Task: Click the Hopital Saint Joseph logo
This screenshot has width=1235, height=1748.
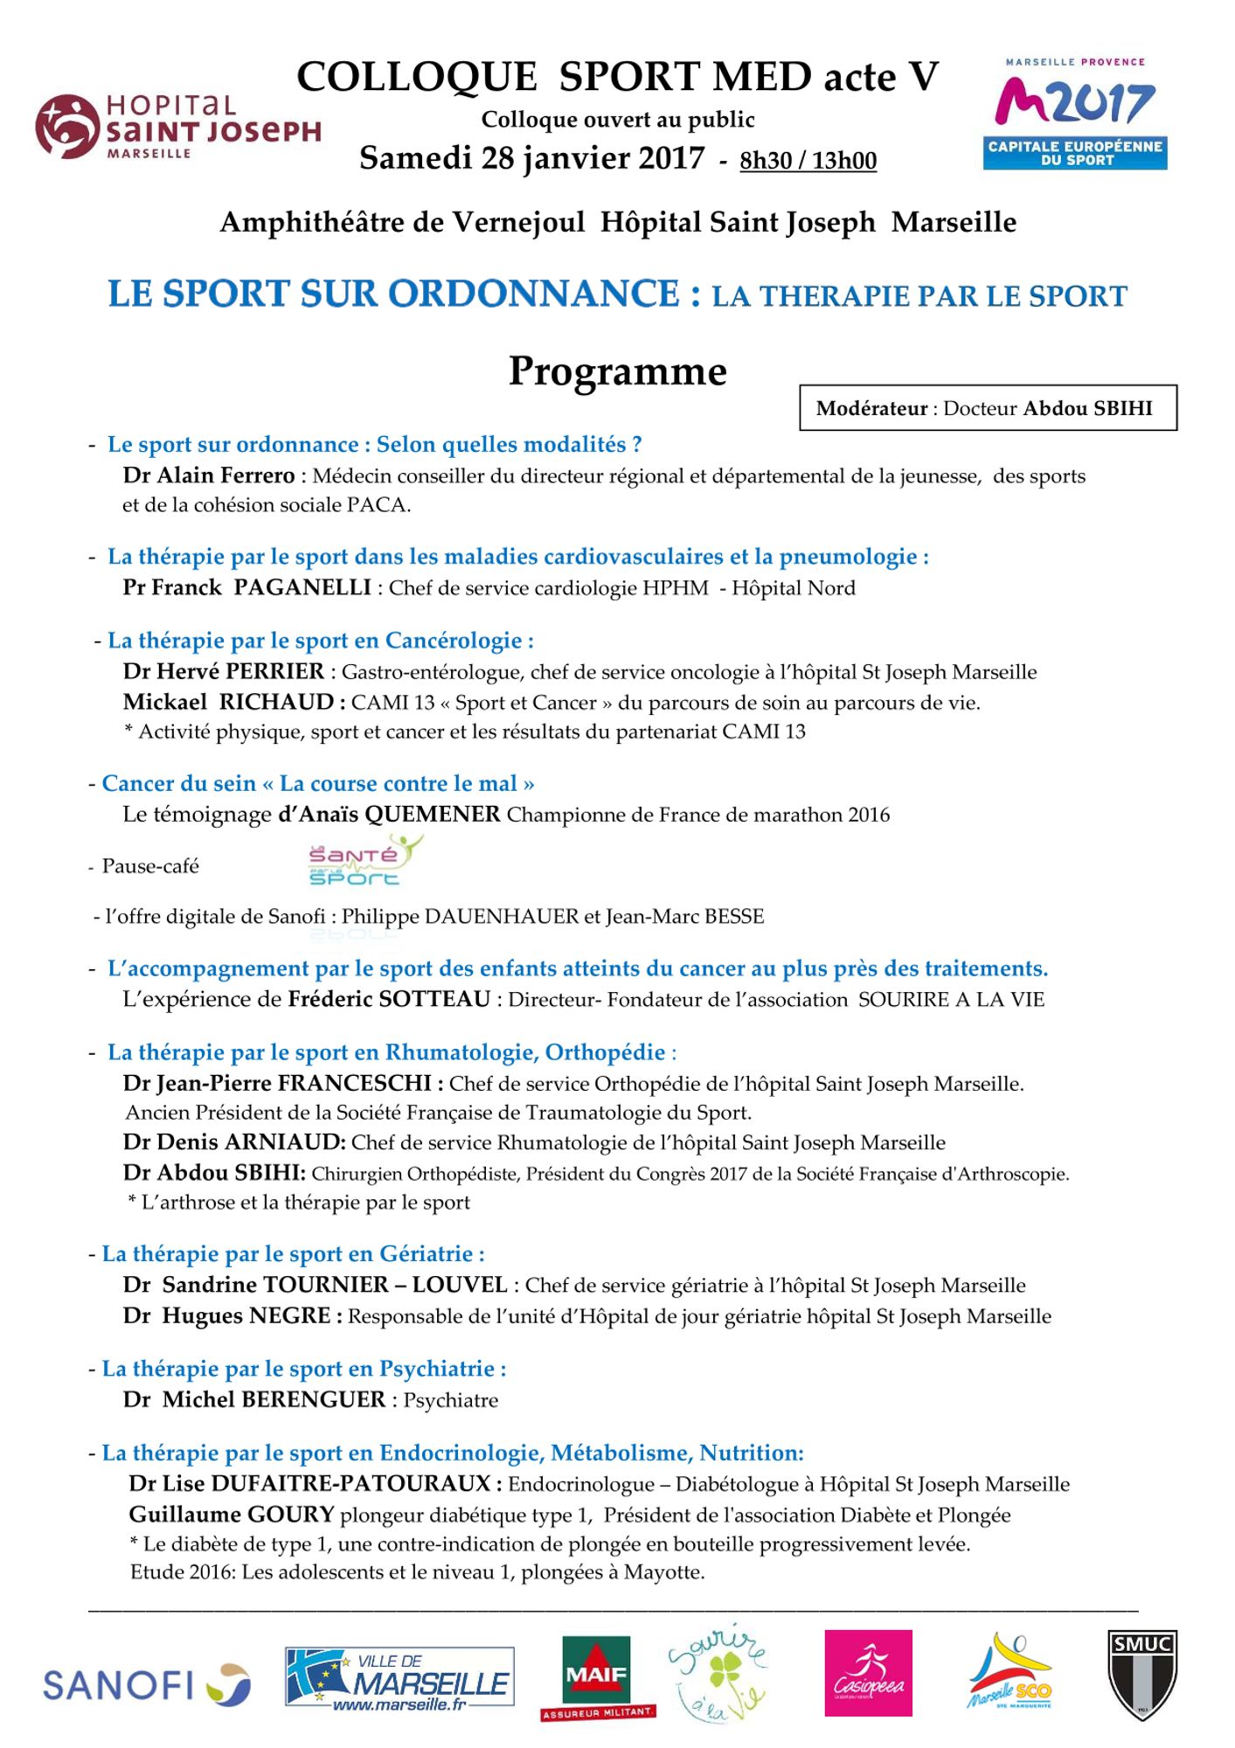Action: point(177,126)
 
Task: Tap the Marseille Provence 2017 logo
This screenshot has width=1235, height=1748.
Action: point(1074,113)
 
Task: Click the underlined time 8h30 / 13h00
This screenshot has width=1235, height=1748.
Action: point(808,161)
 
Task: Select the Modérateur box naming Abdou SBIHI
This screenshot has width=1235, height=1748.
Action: point(988,408)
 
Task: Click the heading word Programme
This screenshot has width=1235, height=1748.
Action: point(617,371)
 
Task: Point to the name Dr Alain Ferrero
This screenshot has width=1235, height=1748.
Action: point(209,476)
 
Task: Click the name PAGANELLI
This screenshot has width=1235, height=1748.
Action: point(302,587)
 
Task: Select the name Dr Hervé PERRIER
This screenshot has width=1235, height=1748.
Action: point(224,671)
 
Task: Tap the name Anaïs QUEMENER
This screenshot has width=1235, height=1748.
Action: point(389,815)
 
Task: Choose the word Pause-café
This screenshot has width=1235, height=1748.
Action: point(150,866)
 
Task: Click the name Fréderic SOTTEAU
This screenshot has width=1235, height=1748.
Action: point(389,999)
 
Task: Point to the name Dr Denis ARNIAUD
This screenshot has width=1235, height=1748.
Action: point(234,1142)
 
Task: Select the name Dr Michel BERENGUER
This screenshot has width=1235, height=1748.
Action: point(254,1399)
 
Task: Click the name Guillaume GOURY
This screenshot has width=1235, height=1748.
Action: point(232,1515)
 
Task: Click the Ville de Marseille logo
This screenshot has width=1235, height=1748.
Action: point(399,1678)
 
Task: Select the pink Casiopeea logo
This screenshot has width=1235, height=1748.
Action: point(868,1673)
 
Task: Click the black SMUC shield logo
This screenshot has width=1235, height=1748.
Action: point(1141,1675)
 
